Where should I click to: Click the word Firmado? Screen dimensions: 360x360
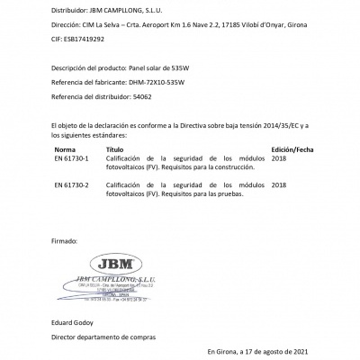point(66,242)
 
